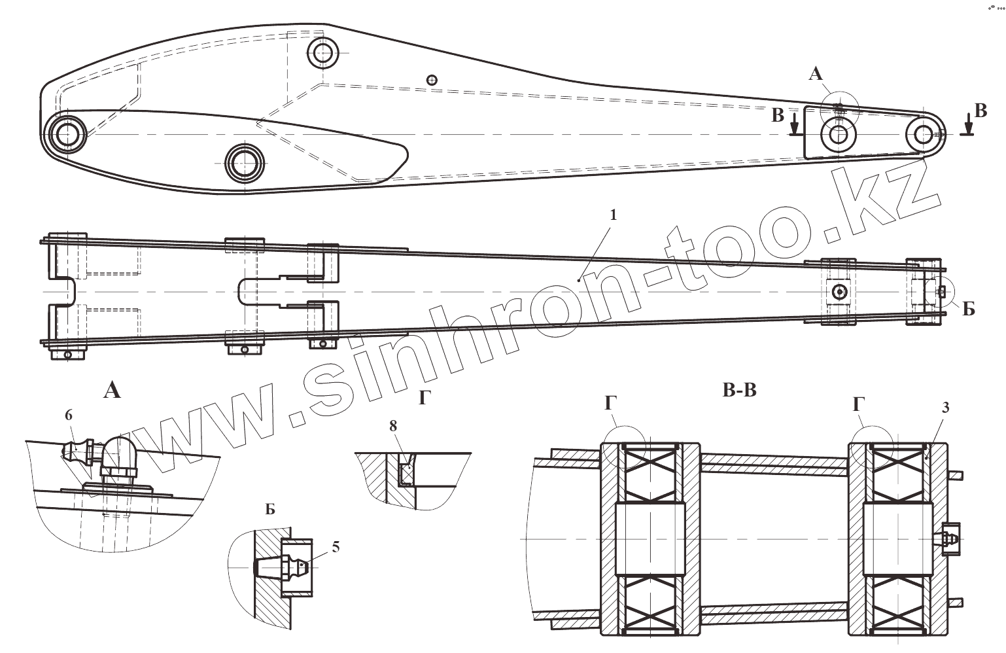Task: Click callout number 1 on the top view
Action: point(612,215)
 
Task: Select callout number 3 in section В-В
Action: point(945,408)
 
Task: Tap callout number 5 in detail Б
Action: point(336,547)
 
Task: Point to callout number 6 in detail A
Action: point(69,415)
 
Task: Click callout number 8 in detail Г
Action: point(392,426)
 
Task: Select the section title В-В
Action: point(739,391)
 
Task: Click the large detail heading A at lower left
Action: point(113,391)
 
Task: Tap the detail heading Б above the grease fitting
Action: point(269,509)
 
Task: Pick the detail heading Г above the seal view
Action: point(424,397)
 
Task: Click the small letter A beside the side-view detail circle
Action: point(815,75)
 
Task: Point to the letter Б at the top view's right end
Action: point(968,309)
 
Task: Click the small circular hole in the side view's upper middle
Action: point(431,80)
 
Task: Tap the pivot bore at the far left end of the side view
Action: point(67,134)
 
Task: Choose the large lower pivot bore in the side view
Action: point(244,161)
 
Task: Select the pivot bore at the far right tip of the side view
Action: point(923,134)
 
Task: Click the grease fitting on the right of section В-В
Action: point(949,539)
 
